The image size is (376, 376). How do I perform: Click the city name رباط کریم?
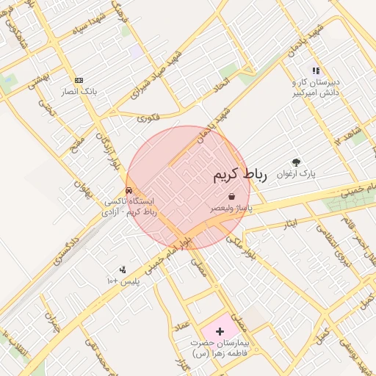[239, 175]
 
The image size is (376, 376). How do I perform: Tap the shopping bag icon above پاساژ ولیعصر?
[232, 196]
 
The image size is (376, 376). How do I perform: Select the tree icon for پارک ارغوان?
[296, 162]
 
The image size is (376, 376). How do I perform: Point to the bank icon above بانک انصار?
[79, 80]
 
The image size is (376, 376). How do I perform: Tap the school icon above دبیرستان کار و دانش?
[316, 70]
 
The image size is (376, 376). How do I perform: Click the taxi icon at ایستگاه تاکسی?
[129, 190]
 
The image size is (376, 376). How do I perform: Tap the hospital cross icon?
[220, 332]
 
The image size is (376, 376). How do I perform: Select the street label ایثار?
[283, 223]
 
